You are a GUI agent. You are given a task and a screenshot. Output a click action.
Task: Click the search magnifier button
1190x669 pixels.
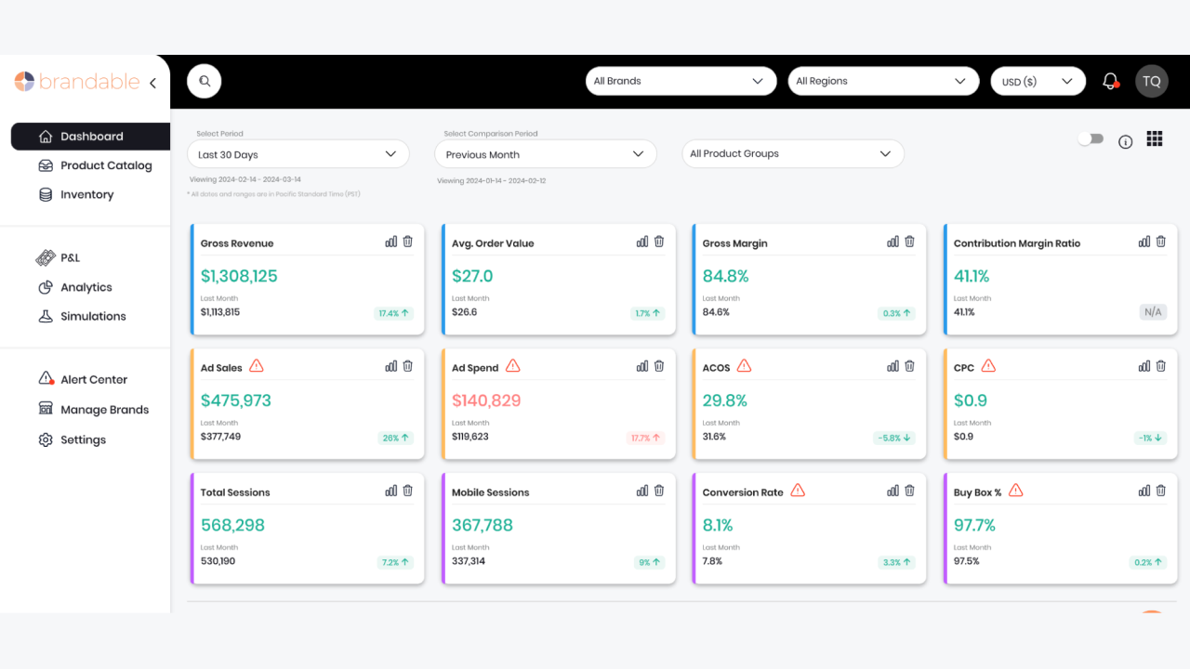[x=205, y=81]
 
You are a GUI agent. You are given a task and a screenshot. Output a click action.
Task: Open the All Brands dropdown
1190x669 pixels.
[x=681, y=81]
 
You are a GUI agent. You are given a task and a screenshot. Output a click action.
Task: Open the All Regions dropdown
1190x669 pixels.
[x=882, y=81]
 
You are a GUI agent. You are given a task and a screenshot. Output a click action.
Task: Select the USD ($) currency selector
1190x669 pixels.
[x=1038, y=81]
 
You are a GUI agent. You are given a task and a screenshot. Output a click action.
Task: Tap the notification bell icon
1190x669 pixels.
[x=1110, y=81]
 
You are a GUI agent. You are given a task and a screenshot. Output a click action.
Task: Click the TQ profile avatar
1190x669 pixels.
[x=1151, y=81]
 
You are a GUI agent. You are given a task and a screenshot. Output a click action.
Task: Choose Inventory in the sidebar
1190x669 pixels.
[x=86, y=194]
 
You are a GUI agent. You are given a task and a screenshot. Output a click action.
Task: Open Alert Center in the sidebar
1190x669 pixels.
[x=93, y=379]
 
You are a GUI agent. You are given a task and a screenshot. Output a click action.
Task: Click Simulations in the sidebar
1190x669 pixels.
[x=93, y=316]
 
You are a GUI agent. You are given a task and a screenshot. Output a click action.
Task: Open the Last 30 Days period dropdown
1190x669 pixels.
[x=297, y=154]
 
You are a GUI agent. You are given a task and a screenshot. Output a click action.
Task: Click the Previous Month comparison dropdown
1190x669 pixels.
[x=545, y=154]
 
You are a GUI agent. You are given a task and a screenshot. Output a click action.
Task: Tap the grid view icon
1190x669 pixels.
[x=1155, y=139]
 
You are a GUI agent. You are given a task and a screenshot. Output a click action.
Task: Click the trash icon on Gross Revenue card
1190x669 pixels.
[x=407, y=242]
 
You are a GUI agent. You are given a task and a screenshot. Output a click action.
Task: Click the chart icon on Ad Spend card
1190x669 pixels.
[x=642, y=366]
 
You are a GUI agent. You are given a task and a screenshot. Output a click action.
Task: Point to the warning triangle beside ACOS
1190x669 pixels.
[x=743, y=366]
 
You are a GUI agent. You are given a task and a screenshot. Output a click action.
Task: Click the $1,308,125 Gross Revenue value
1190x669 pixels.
[x=239, y=276]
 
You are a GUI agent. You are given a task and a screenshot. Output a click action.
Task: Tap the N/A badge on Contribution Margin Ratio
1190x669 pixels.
[x=1153, y=312]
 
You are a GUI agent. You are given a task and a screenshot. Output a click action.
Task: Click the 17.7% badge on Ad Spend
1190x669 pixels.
[x=645, y=438]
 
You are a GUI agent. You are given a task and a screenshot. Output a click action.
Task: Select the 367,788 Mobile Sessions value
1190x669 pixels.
[x=482, y=525]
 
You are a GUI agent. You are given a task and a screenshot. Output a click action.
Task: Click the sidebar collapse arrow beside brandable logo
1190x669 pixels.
[x=152, y=83]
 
